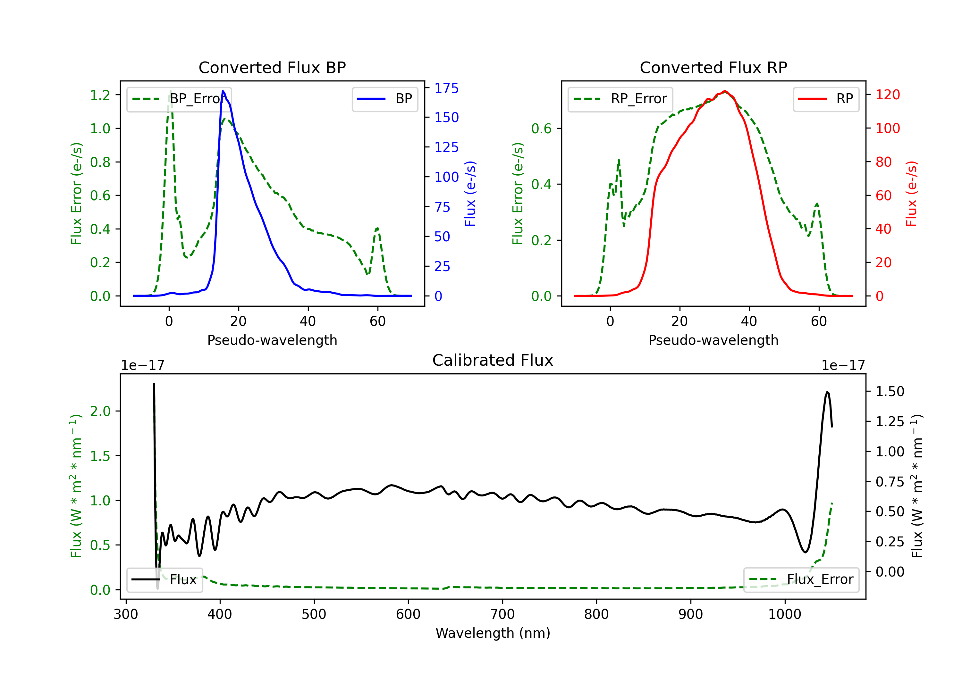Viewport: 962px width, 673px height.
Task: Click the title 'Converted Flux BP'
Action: [x=272, y=67]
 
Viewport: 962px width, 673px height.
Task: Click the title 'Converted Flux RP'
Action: [x=713, y=67]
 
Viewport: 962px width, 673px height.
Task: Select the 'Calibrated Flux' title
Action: [x=493, y=360]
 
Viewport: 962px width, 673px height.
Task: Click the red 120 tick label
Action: [x=887, y=95]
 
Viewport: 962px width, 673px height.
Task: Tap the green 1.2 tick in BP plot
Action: [x=100, y=95]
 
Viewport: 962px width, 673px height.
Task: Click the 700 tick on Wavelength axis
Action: [x=502, y=614]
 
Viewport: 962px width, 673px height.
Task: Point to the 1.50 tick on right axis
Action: [x=890, y=392]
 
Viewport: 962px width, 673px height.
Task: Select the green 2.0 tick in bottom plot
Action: [x=100, y=411]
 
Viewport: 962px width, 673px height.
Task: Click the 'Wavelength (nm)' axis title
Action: [x=493, y=633]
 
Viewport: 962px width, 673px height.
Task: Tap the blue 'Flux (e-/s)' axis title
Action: [x=470, y=194]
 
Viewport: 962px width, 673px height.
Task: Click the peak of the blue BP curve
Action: [x=223, y=91]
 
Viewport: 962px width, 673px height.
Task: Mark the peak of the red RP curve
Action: [x=725, y=91]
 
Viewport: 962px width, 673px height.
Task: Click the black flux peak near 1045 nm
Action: [x=827, y=392]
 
